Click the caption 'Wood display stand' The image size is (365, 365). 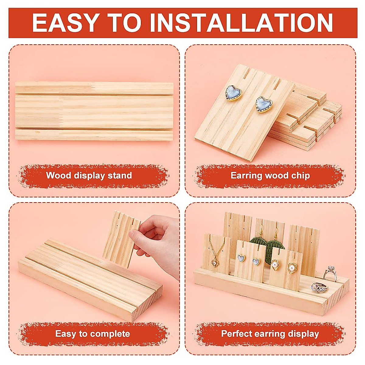tap(89, 176)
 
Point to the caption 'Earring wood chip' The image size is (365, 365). tap(270, 176)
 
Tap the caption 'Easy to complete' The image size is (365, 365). tap(92, 334)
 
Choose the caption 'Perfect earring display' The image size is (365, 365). tap(270, 334)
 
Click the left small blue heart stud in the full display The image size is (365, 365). tap(241, 258)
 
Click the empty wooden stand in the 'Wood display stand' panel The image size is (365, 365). tap(94, 111)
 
